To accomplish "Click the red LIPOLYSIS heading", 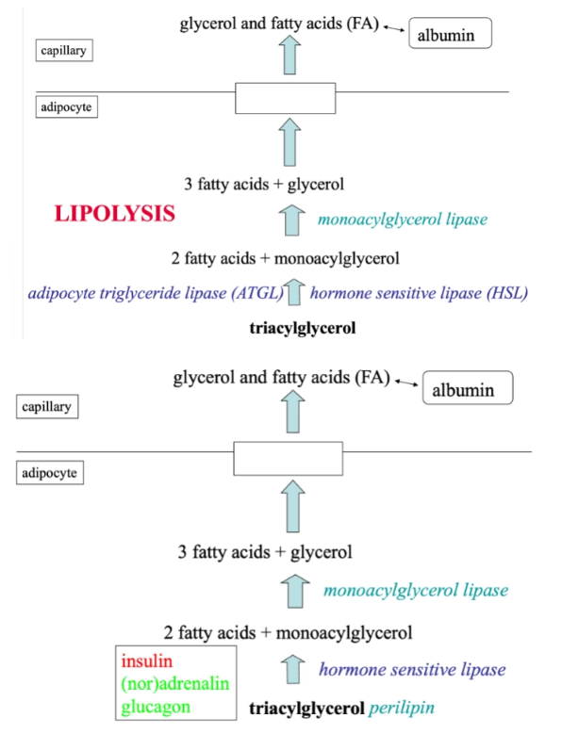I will pyautogui.click(x=114, y=214).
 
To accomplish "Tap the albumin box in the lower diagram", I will pyautogui.click(x=468, y=388).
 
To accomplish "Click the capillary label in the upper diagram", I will pyautogui.click(x=63, y=50).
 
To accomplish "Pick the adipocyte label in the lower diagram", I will pyautogui.click(x=51, y=471).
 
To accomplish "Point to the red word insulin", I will pyautogui.click(x=146, y=661).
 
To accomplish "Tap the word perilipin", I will pyautogui.click(x=403, y=706).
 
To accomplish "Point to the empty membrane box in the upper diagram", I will pyautogui.click(x=285, y=98).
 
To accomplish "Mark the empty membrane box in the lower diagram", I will pyautogui.click(x=288, y=459).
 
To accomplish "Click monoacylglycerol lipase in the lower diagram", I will pyautogui.click(x=415, y=591).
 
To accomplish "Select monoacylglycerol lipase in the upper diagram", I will pyautogui.click(x=403, y=220).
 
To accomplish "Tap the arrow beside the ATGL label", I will pyautogui.click(x=295, y=293).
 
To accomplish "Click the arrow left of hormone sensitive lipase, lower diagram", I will pyautogui.click(x=294, y=671).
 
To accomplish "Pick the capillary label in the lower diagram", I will pyautogui.click(x=50, y=407).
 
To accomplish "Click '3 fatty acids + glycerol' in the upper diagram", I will pyautogui.click(x=264, y=184).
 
